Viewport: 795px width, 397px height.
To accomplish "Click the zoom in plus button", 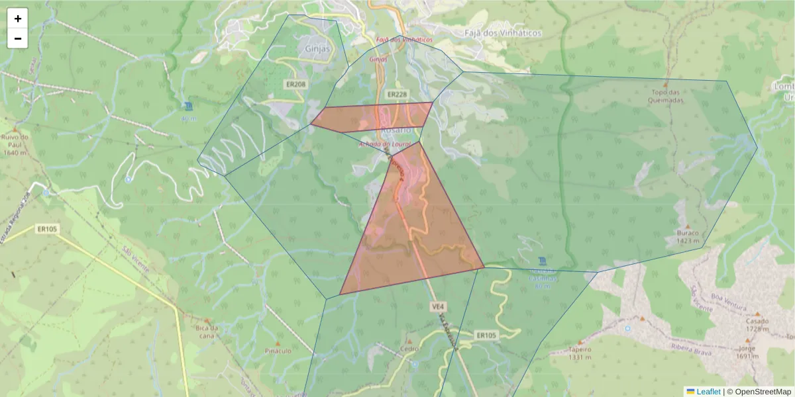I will coord(18,19).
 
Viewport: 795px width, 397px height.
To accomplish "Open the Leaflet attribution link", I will coord(708,392).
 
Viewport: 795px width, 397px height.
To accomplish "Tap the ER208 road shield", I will coord(295,85).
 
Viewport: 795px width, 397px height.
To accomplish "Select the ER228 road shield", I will coord(396,95).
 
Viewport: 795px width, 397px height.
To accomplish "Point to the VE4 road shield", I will coord(437,307).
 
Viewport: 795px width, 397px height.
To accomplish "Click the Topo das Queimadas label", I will coord(666,97).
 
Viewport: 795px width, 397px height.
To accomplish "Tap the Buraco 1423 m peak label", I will coord(688,237).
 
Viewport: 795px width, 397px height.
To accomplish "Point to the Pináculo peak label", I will coord(278,351).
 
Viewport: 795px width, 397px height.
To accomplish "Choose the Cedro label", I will coord(409,349).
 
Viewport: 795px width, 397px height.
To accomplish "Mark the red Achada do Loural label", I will coord(385,144).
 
